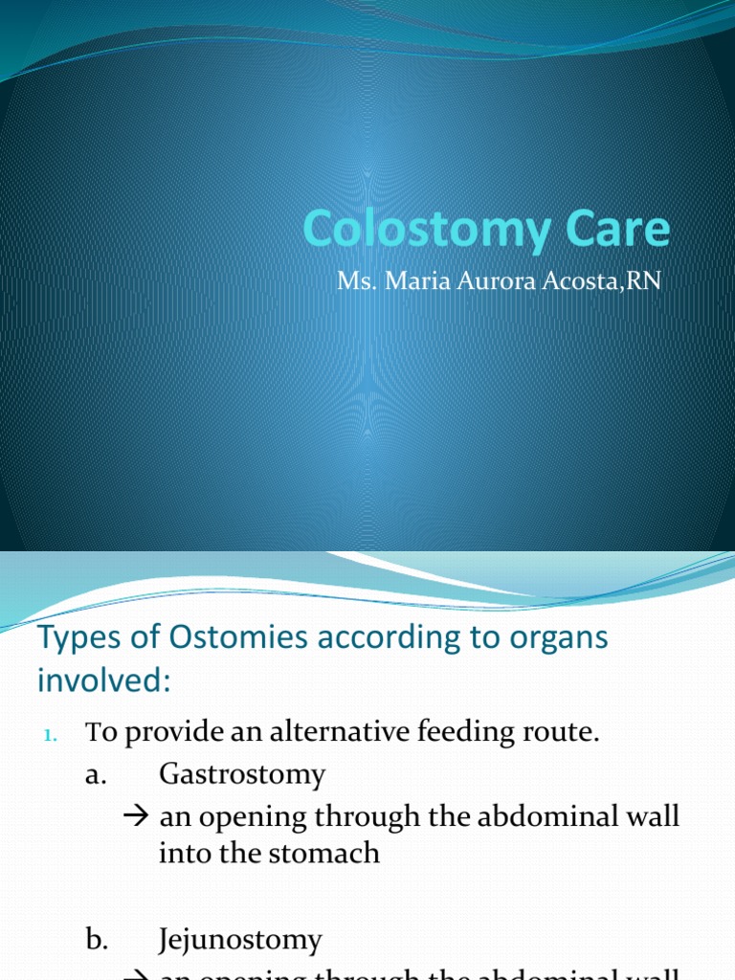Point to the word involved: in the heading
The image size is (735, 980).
tap(104, 681)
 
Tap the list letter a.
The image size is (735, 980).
tap(94, 775)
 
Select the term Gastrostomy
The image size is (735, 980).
tap(242, 774)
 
